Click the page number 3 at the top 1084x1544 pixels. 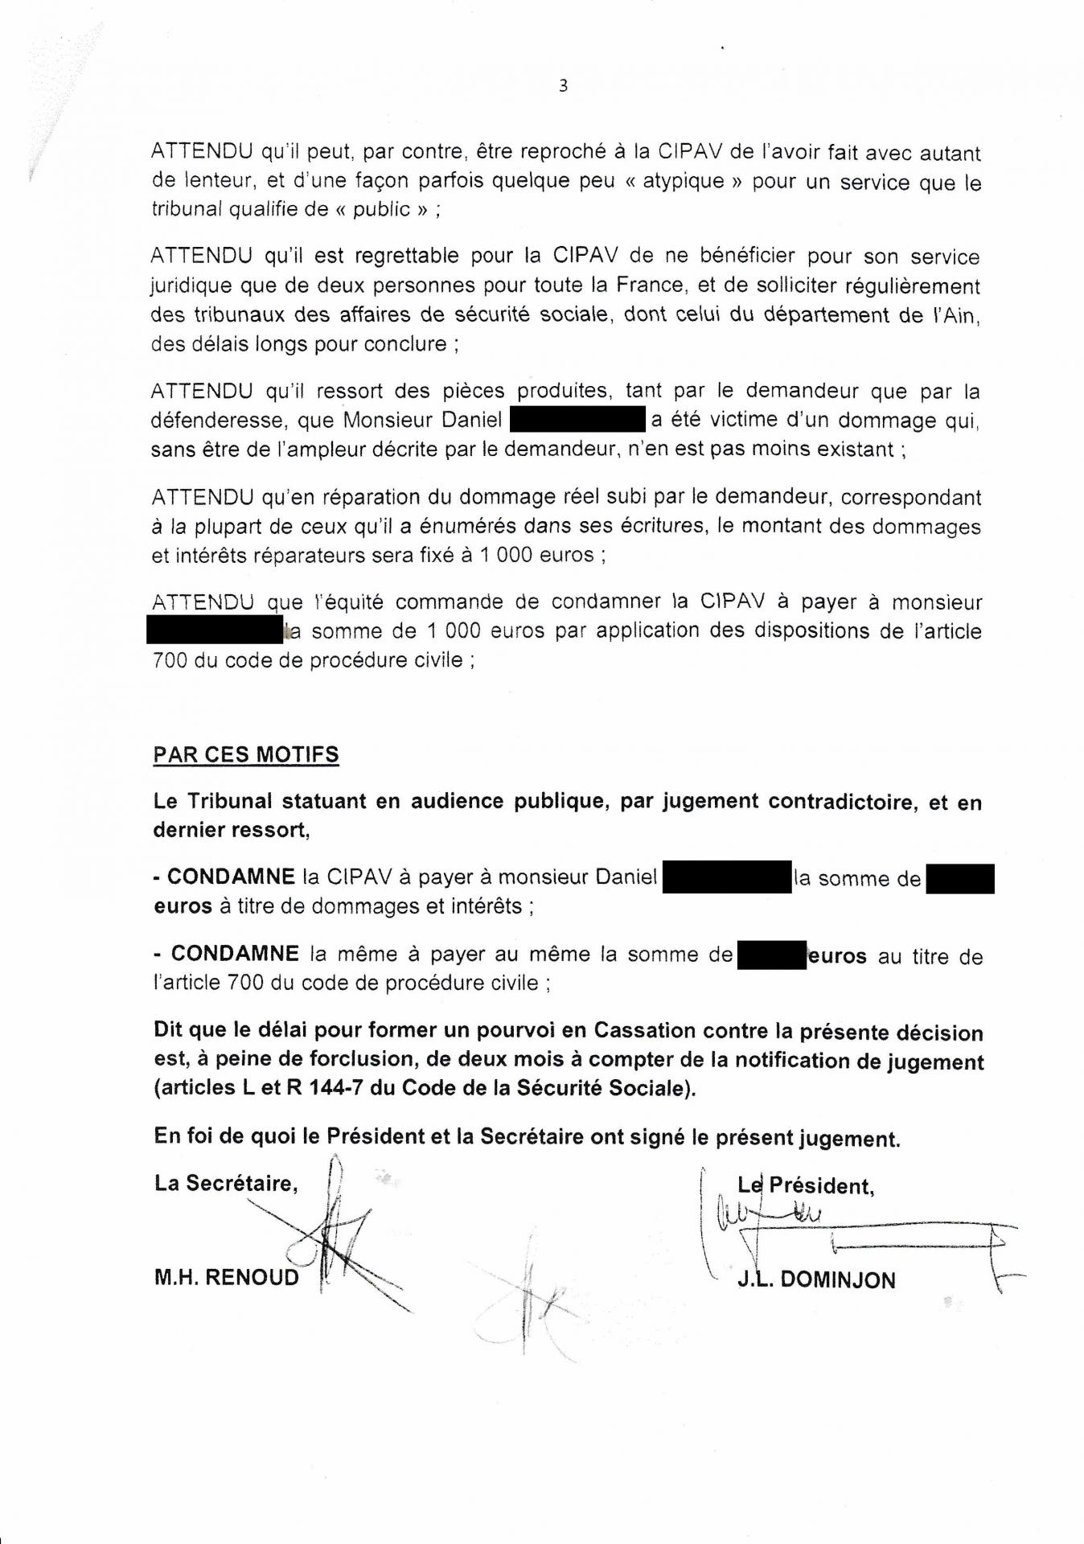tap(563, 86)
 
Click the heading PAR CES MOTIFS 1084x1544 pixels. tap(246, 755)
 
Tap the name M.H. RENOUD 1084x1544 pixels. tap(226, 1277)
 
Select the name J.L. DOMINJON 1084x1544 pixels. tap(816, 1279)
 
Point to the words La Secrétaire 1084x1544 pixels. tap(226, 1183)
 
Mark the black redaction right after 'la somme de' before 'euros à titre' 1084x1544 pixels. tap(960, 878)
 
